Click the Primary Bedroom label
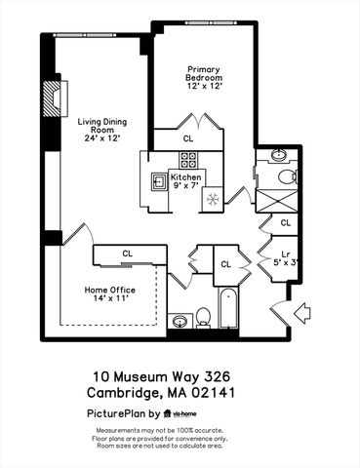coord(206,78)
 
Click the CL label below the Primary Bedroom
coord(187,139)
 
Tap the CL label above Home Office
coord(128,253)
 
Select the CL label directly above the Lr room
coord(286,222)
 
